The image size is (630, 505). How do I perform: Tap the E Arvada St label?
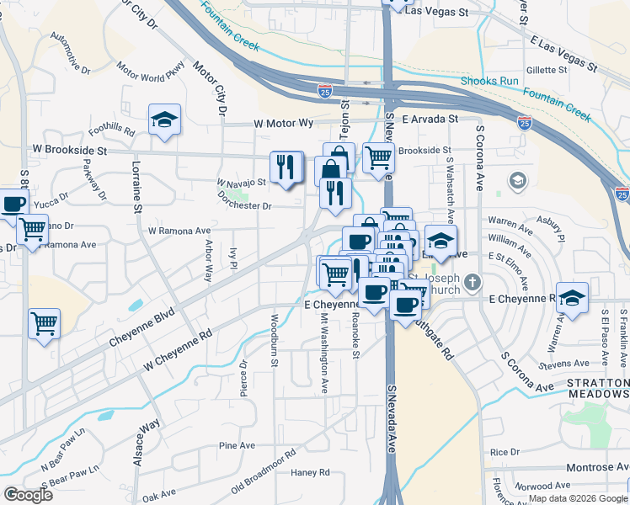tap(430, 120)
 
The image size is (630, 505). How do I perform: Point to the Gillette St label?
tap(547, 70)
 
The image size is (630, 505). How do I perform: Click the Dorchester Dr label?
tap(245, 205)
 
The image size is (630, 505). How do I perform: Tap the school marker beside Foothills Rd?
tap(165, 120)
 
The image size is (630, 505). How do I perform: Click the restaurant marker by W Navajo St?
tap(286, 167)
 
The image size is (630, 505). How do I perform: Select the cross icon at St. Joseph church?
tap(473, 284)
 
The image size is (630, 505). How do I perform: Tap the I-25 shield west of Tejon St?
tap(324, 89)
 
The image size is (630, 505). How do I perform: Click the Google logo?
tap(29, 495)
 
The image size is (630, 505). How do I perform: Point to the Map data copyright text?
tap(578, 498)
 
